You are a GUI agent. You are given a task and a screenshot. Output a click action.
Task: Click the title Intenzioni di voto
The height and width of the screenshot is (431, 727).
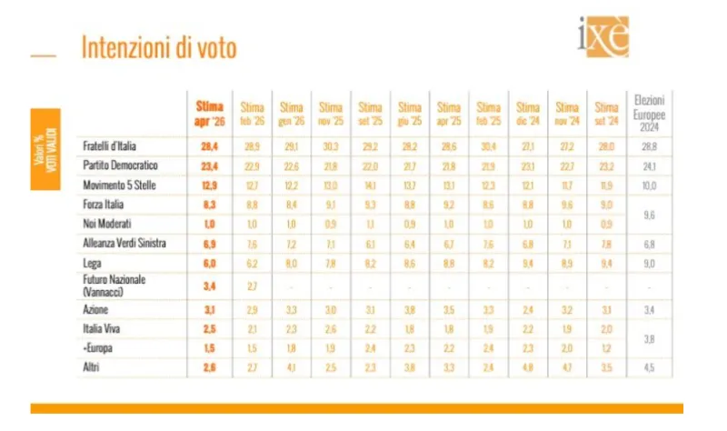tap(159, 48)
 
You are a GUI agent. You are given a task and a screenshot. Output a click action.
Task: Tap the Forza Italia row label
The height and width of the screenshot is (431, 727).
tap(102, 205)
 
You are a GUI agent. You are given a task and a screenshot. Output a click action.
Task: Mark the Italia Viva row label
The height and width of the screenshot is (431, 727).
tap(100, 329)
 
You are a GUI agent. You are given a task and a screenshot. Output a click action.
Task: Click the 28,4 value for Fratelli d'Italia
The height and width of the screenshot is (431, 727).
tap(210, 146)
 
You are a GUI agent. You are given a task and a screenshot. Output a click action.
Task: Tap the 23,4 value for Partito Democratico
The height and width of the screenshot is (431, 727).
tap(210, 166)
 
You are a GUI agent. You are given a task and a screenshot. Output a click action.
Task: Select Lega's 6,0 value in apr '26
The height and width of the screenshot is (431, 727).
tap(210, 264)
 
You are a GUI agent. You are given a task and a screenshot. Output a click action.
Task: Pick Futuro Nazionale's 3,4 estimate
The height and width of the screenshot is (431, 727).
tap(210, 286)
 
